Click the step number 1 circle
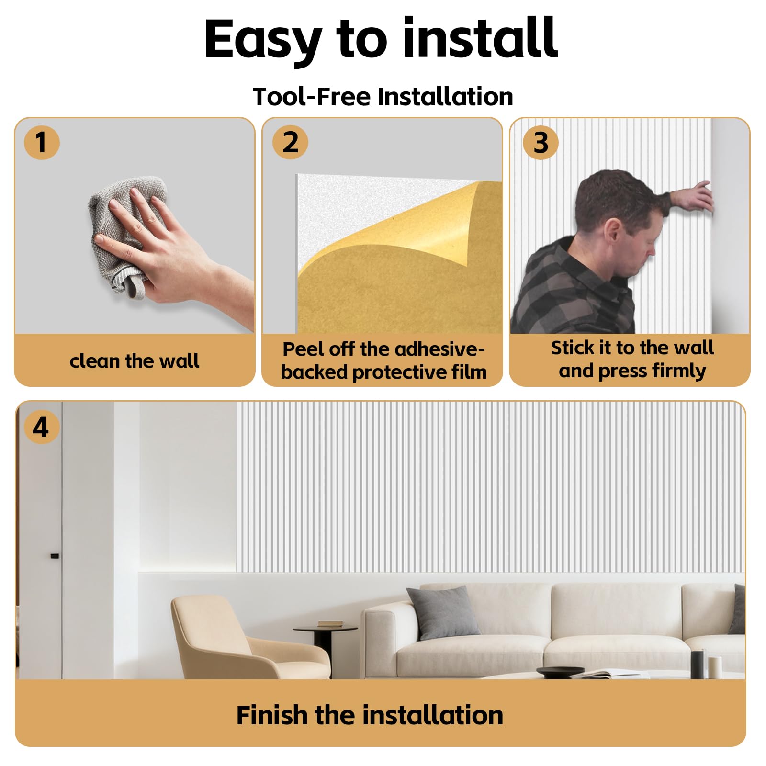42,142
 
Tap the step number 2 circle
290,142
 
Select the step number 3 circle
541,142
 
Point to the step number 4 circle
42,427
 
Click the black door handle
55,556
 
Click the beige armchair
249,637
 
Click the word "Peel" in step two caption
301,349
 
